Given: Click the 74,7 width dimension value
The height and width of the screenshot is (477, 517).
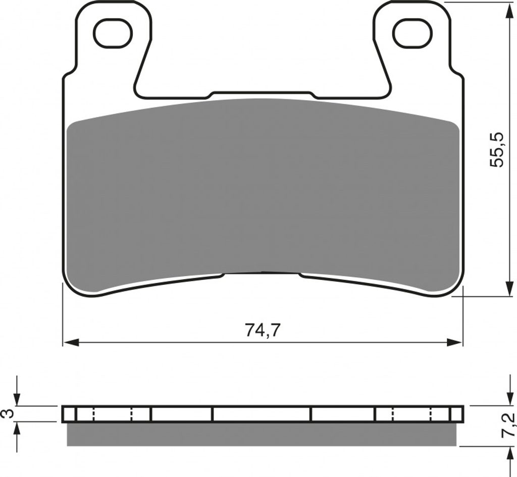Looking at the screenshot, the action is (x=263, y=330).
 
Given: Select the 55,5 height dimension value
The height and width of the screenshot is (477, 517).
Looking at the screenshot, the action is (x=497, y=150).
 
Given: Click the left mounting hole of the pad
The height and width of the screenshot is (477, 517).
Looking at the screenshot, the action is (x=113, y=33).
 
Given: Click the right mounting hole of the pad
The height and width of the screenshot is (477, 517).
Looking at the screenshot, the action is (x=412, y=33).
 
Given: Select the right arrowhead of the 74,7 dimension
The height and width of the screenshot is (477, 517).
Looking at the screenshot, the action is (x=455, y=343).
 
